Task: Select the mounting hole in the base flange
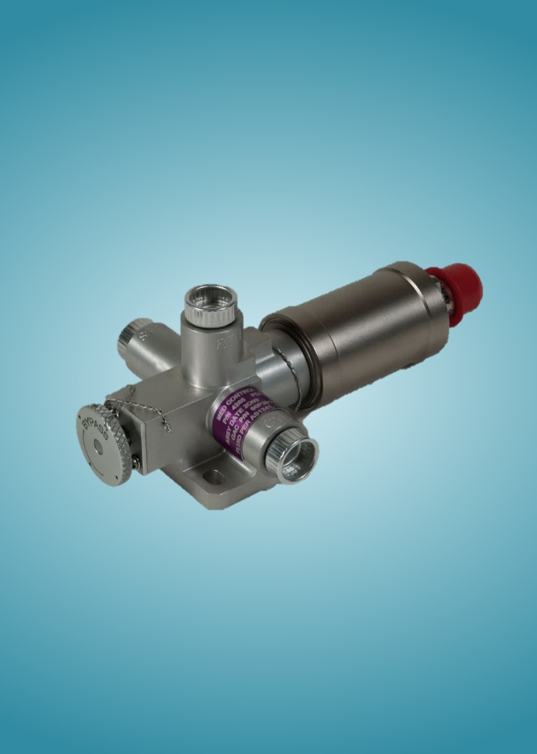[x=213, y=476]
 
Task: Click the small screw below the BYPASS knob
[x=136, y=464]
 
